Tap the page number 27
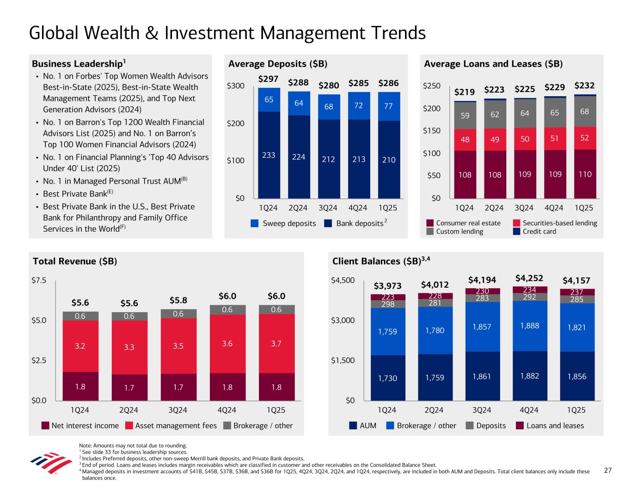tap(608, 470)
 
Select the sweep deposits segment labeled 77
tap(388, 106)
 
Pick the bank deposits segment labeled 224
tap(299, 157)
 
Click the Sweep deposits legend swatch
tap(255, 223)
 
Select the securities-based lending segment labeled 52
tap(585, 138)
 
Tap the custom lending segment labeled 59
tap(465, 115)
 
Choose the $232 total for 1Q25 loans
tap(584, 86)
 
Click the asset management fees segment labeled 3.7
tap(276, 344)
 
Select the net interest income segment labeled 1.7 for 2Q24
tap(129, 388)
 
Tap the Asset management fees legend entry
tap(171, 426)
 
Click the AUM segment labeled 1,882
tap(529, 376)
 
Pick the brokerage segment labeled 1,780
tap(435, 330)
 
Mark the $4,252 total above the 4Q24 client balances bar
tap(529, 278)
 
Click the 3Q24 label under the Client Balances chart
tap(482, 410)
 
